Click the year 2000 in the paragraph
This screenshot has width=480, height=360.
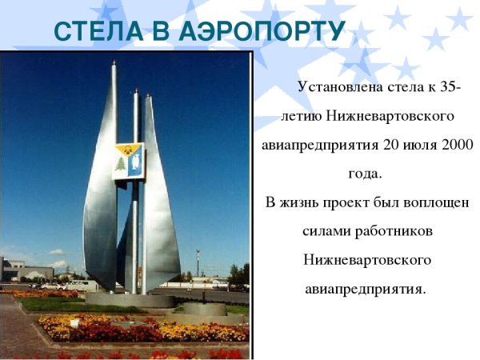pos(456,146)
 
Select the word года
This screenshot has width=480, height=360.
pos(365,173)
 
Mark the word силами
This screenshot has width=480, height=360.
pos(324,231)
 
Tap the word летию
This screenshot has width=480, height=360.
pos(300,117)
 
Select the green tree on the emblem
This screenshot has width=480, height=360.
pos(122,166)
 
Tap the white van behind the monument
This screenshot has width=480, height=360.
pos(79,285)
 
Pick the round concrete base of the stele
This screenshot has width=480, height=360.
pos(132,300)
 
